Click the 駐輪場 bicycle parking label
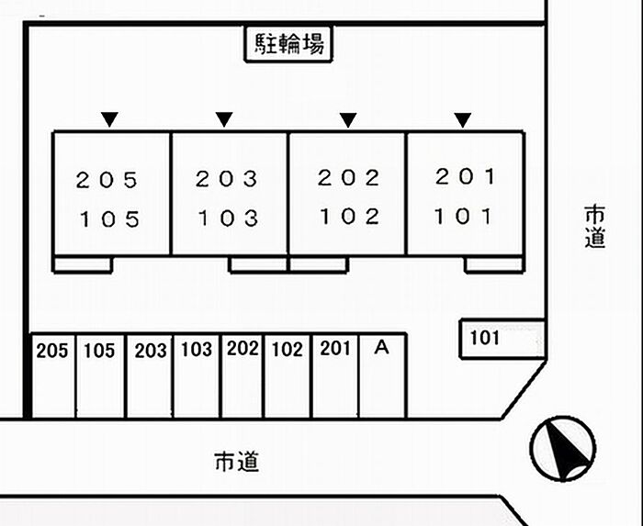pos(288,44)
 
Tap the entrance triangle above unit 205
pos(109,119)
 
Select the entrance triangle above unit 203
pos(224,119)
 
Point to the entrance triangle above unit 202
pos(348,120)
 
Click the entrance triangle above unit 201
pos(463,120)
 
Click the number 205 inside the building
pos(107,180)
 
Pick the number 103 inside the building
pos(228,218)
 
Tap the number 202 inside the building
pos(348,178)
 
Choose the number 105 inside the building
pos(110,219)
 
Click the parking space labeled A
pos(383,376)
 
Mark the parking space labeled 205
pos(53,376)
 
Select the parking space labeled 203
pos(150,376)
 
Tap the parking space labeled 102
pos(287,376)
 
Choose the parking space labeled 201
pos(335,376)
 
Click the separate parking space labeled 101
pos(502,339)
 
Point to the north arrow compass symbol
pos(562,449)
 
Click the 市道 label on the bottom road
pos(237,462)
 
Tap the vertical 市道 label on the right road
pos(594,227)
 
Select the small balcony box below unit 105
pos(83,264)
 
